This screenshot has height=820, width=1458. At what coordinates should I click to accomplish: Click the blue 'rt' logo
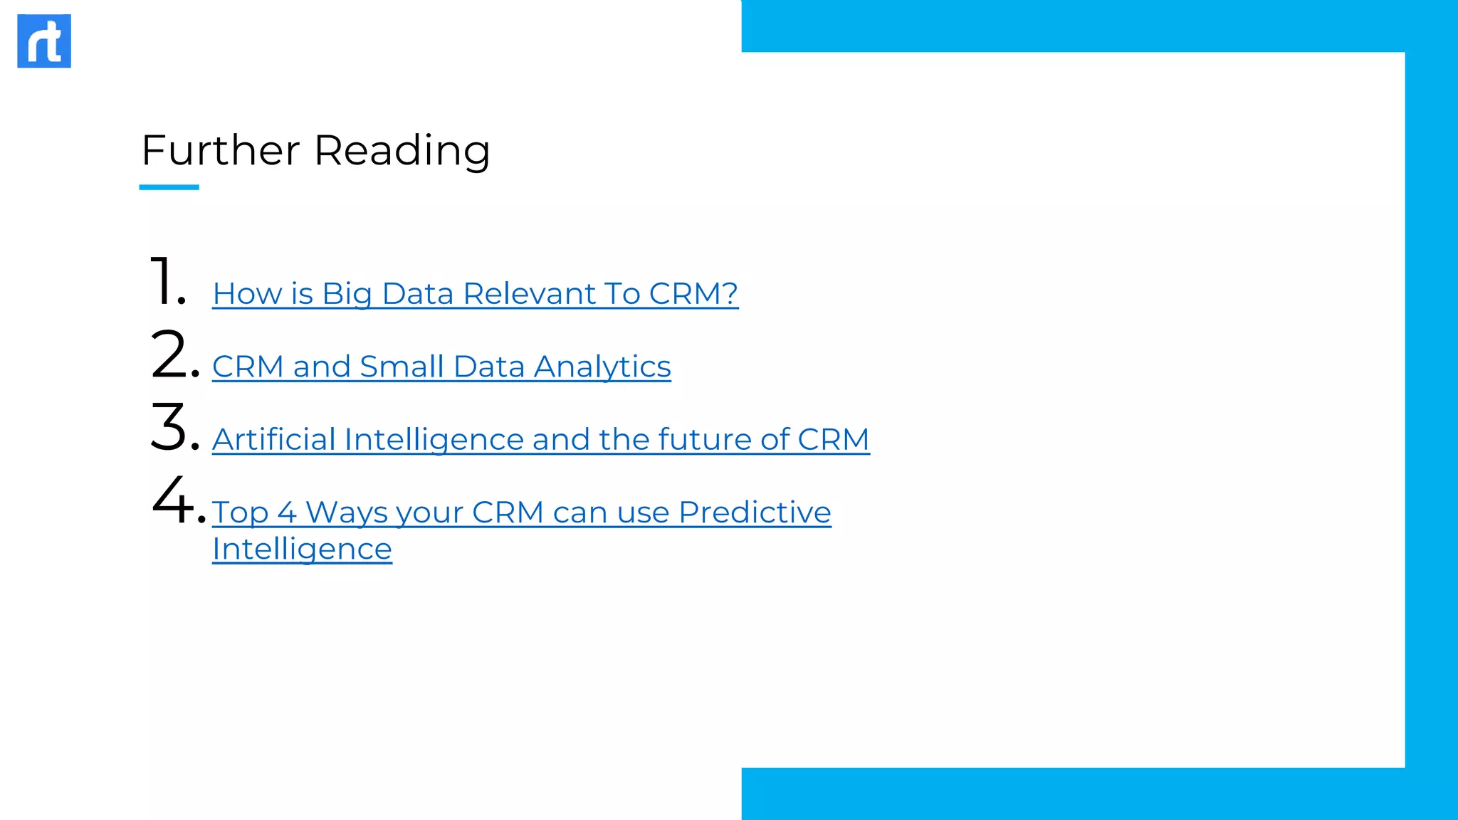click(x=44, y=41)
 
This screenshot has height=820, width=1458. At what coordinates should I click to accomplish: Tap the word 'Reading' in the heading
click(x=402, y=151)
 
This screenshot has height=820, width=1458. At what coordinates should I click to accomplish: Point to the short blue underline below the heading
click(x=169, y=187)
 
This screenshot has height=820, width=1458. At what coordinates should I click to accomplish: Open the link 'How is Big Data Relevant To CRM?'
click(x=475, y=293)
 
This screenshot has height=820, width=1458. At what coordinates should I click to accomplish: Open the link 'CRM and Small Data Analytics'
click(x=441, y=367)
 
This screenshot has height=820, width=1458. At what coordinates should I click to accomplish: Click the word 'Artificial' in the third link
click(x=273, y=439)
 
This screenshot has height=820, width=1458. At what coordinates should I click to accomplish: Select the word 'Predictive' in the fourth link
click(x=755, y=512)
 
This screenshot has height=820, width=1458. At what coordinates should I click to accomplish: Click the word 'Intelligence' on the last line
click(x=302, y=549)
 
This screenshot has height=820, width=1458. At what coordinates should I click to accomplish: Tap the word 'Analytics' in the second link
click(x=602, y=367)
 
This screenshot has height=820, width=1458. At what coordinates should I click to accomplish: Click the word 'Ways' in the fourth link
click(x=346, y=512)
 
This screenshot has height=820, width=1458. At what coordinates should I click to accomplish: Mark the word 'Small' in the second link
click(x=402, y=367)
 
